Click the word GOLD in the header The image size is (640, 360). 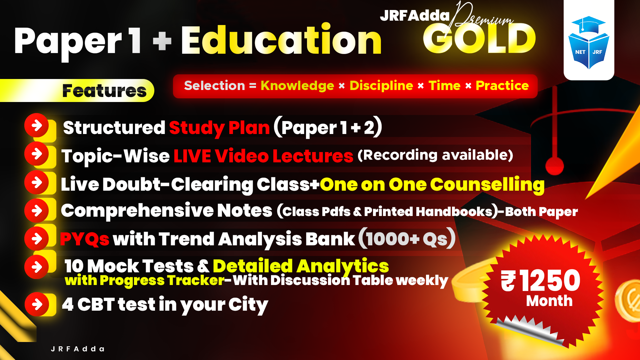pyautogui.click(x=479, y=39)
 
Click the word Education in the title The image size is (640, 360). pyautogui.click(x=281, y=40)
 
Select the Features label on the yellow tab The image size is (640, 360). pyautogui.click(x=104, y=91)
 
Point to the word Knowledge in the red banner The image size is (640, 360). pyautogui.click(x=297, y=86)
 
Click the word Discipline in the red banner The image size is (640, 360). pyautogui.click(x=381, y=86)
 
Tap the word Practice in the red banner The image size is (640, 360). pyautogui.click(x=502, y=86)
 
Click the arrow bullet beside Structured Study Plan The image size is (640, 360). pyautogui.click(x=37, y=125)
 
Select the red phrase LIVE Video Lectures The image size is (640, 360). pyautogui.click(x=263, y=156)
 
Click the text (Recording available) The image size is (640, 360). pyautogui.click(x=435, y=155)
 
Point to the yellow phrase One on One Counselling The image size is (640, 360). pyautogui.click(x=432, y=184)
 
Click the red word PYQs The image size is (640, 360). pyautogui.click(x=85, y=239)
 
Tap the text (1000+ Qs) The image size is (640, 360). pyautogui.click(x=407, y=239)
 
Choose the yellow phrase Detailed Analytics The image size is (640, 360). pyautogui.click(x=301, y=266)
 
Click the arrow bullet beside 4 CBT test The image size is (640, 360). pyautogui.click(x=37, y=304)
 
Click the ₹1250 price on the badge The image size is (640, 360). pyautogui.click(x=541, y=281)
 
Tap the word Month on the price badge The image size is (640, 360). pyautogui.click(x=549, y=301)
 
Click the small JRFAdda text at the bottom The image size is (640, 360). pyautogui.click(x=78, y=349)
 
